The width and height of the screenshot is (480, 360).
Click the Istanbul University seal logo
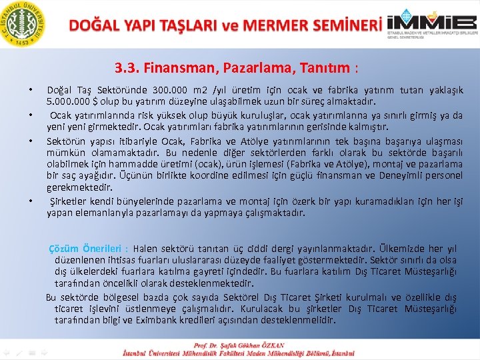[25, 23]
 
